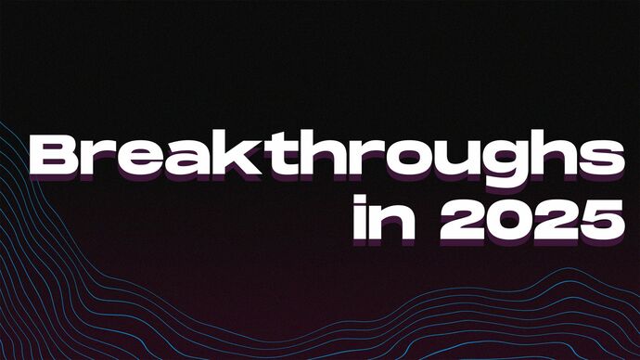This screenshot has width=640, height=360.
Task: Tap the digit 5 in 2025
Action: [595, 218]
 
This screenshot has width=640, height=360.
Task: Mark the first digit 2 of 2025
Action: [447, 218]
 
